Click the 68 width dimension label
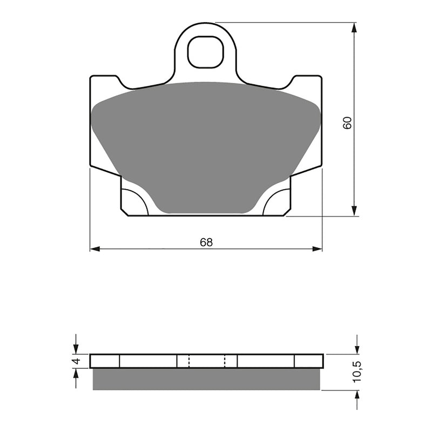[x=206, y=242]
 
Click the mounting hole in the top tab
[x=205, y=52]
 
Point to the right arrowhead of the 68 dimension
[x=317, y=249]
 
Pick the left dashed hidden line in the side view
[x=189, y=361]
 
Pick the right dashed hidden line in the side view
[x=225, y=361]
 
